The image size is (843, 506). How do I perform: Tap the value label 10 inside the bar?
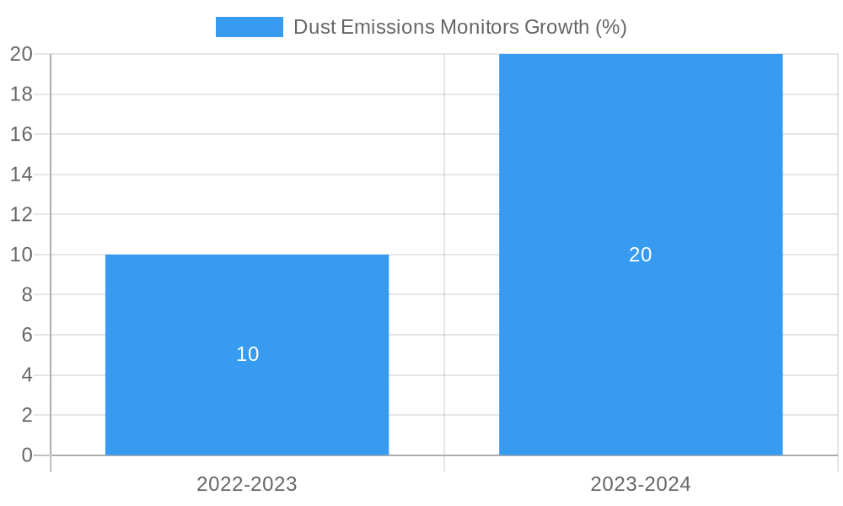(x=247, y=354)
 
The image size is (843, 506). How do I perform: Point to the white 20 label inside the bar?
(x=641, y=254)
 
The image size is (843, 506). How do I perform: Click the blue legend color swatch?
(x=249, y=27)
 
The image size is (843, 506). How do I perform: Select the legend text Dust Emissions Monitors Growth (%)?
(x=459, y=27)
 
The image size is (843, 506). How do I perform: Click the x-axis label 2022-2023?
(x=247, y=484)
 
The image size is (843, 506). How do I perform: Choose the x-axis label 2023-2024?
(x=641, y=484)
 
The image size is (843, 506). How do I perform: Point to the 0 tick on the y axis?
(x=26, y=455)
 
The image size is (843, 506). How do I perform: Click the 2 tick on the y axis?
(x=26, y=415)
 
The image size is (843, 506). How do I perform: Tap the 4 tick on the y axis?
(x=26, y=375)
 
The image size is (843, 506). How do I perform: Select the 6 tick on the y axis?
(x=26, y=335)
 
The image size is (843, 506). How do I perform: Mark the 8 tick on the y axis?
(x=26, y=294)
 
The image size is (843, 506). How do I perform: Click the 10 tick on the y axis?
(x=21, y=255)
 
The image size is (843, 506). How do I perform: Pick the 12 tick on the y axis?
(x=21, y=214)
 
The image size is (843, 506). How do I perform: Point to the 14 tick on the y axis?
(x=21, y=175)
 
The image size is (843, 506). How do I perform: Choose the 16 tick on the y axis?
(x=21, y=134)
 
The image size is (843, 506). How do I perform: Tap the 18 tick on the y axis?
(x=21, y=94)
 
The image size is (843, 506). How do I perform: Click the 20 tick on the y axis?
(x=21, y=54)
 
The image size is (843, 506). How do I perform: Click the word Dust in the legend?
(x=314, y=27)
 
